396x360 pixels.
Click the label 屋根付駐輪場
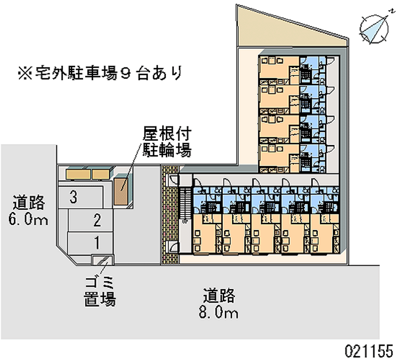(167, 142)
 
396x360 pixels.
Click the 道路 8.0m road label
(219, 304)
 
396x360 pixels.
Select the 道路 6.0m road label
(28, 210)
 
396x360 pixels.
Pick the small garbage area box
(103, 260)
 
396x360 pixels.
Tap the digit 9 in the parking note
(126, 74)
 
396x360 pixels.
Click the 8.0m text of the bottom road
(219, 312)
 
